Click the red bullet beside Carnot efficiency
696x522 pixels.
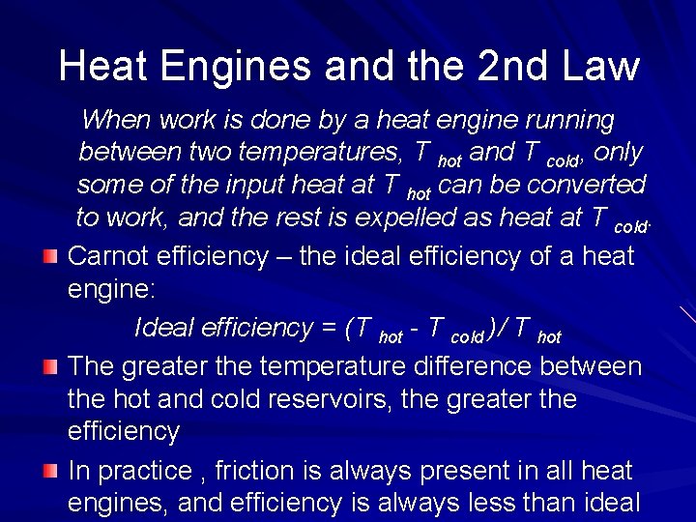[x=50, y=256]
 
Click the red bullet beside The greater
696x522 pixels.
[x=50, y=366]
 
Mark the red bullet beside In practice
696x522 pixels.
[x=50, y=471]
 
